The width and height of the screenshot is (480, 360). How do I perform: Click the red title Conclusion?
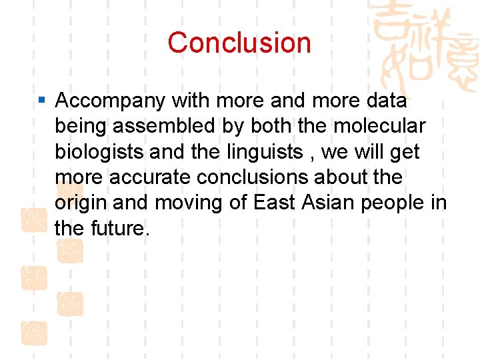(239, 43)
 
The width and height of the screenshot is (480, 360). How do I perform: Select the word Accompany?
(110, 101)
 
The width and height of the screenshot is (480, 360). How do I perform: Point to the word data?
(383, 101)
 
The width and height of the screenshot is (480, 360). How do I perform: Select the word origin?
(77, 203)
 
